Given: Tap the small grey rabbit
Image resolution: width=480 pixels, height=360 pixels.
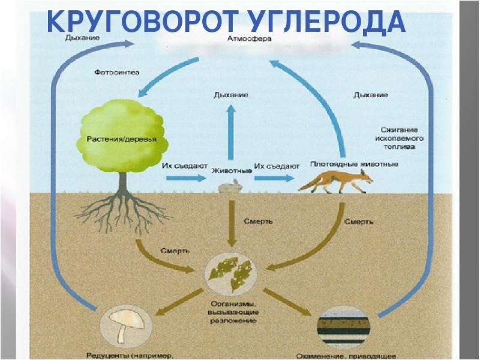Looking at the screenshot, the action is (x=230, y=187).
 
